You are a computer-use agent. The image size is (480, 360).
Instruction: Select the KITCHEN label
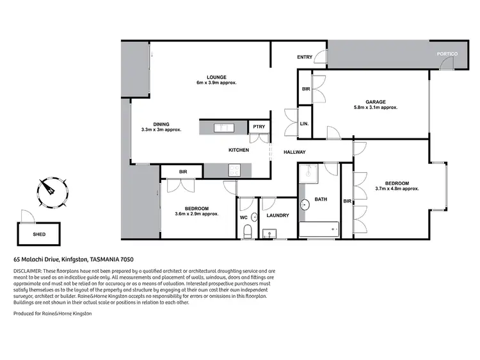pos(239,150)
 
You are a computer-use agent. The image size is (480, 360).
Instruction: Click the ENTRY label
pos(305,58)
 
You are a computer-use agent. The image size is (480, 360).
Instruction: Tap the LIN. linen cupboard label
pos(304,124)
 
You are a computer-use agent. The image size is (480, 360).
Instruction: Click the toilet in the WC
pos(246,234)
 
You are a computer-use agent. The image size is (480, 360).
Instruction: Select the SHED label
pos(39,234)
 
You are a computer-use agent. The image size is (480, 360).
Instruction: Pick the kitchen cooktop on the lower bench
pos(234,170)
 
